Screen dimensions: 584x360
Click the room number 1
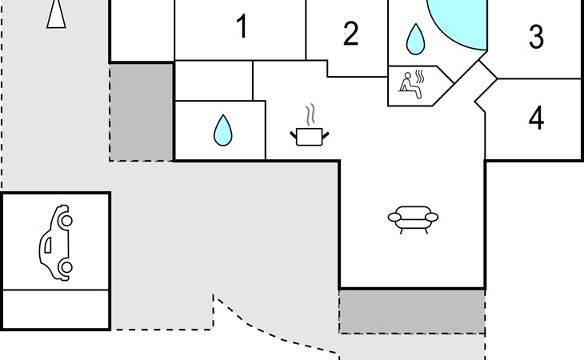pyautogui.click(x=242, y=26)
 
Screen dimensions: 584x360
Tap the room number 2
pyautogui.click(x=351, y=34)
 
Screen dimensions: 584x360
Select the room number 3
pyautogui.click(x=536, y=37)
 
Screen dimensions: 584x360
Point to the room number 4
pyautogui.click(x=536, y=118)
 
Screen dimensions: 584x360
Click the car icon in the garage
pyautogui.click(x=56, y=242)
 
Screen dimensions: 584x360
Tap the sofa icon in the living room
pyautogui.click(x=413, y=220)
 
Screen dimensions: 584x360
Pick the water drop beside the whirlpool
pyautogui.click(x=416, y=39)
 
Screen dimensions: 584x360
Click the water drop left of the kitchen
pyautogui.click(x=223, y=130)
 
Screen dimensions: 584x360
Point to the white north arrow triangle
pyautogui.click(x=56, y=14)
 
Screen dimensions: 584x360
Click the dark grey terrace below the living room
pyautogui.click(x=412, y=312)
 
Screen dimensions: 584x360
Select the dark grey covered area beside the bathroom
pyautogui.click(x=141, y=113)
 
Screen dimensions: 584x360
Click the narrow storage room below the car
pyautogui.click(x=55, y=309)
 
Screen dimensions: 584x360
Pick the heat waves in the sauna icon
pyautogui.click(x=420, y=76)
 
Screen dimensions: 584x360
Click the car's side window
pyautogui.click(x=48, y=246)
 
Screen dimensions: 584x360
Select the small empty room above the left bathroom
pyautogui.click(x=214, y=81)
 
